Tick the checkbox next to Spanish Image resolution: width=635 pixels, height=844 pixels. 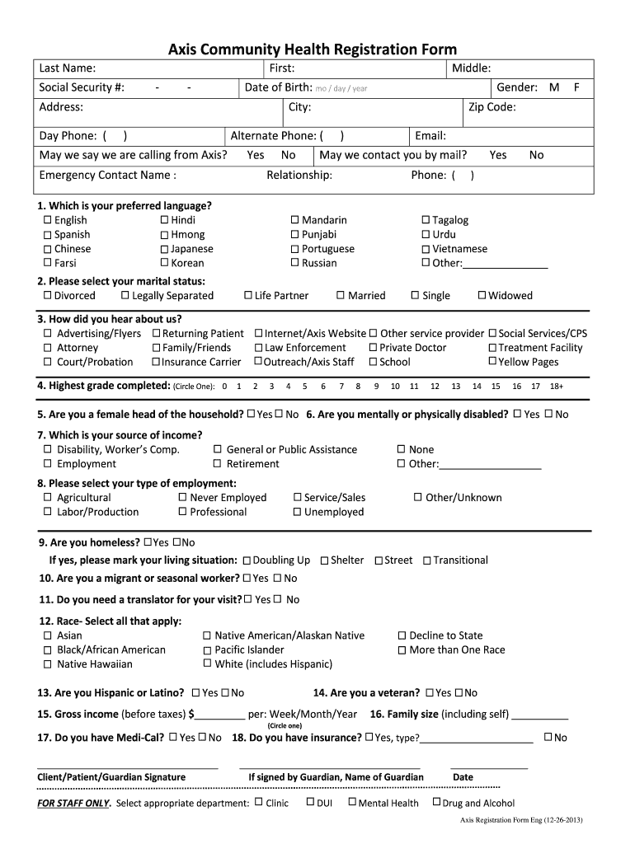click(x=47, y=235)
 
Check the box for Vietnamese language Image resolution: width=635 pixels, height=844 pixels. click(x=426, y=249)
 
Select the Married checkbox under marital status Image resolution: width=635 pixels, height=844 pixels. click(x=341, y=296)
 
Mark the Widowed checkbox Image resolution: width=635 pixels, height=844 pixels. click(x=482, y=296)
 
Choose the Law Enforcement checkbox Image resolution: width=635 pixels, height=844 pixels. click(x=258, y=348)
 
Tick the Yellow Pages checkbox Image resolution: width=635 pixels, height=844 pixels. click(x=492, y=362)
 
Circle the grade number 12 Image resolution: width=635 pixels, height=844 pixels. click(x=435, y=386)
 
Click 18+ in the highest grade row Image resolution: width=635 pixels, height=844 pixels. click(x=557, y=386)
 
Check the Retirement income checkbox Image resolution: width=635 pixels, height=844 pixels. click(x=218, y=464)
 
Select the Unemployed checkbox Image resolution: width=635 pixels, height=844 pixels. click(x=298, y=512)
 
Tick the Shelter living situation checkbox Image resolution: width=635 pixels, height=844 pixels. click(x=324, y=560)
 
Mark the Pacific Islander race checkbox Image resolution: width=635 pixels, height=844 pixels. click(x=207, y=650)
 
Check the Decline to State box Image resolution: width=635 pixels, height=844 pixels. click(x=402, y=635)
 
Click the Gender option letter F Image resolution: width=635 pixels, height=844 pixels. click(x=577, y=87)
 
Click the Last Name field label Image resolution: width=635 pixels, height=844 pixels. click(x=67, y=68)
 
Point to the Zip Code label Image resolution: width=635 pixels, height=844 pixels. click(x=492, y=107)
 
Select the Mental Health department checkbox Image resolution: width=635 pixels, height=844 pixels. click(x=352, y=802)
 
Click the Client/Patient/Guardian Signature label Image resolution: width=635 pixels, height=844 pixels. click(x=111, y=777)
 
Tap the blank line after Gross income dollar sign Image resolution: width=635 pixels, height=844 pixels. click(x=220, y=715)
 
